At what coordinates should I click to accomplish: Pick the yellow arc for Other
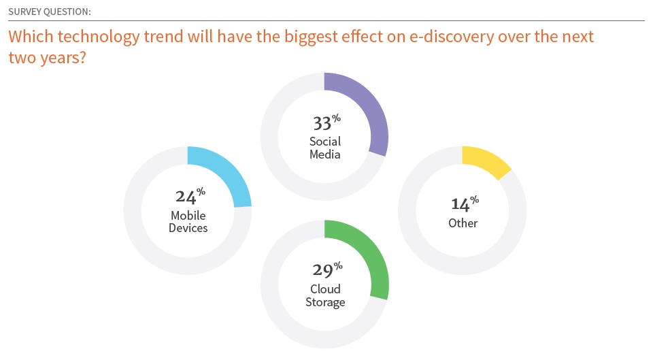coord(489,159)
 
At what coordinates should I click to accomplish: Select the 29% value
coord(328,269)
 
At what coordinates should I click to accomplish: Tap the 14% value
coord(465,203)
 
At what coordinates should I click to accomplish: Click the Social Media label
coord(325,148)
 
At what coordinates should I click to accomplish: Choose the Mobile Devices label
coord(188,222)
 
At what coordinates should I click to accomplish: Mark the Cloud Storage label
coord(325,295)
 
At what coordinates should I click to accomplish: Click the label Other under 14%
coord(463,223)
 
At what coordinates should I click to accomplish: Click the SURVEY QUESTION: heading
coord(50,12)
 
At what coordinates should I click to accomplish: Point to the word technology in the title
coord(99,37)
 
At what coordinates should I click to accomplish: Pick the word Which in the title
coord(31,37)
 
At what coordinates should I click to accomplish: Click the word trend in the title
coord(164,37)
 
